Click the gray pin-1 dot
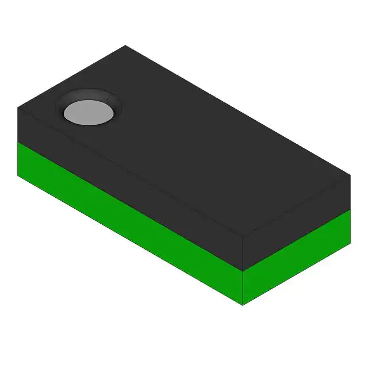click(x=89, y=112)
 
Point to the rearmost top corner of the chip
click(x=125, y=45)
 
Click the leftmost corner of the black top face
click(x=18, y=108)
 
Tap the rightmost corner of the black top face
click(x=350, y=176)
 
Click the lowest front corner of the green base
click(x=243, y=305)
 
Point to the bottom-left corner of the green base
click(x=18, y=176)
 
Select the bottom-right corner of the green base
click(x=350, y=244)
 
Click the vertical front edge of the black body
click(x=243, y=253)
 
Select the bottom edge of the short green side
click(x=296, y=275)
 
